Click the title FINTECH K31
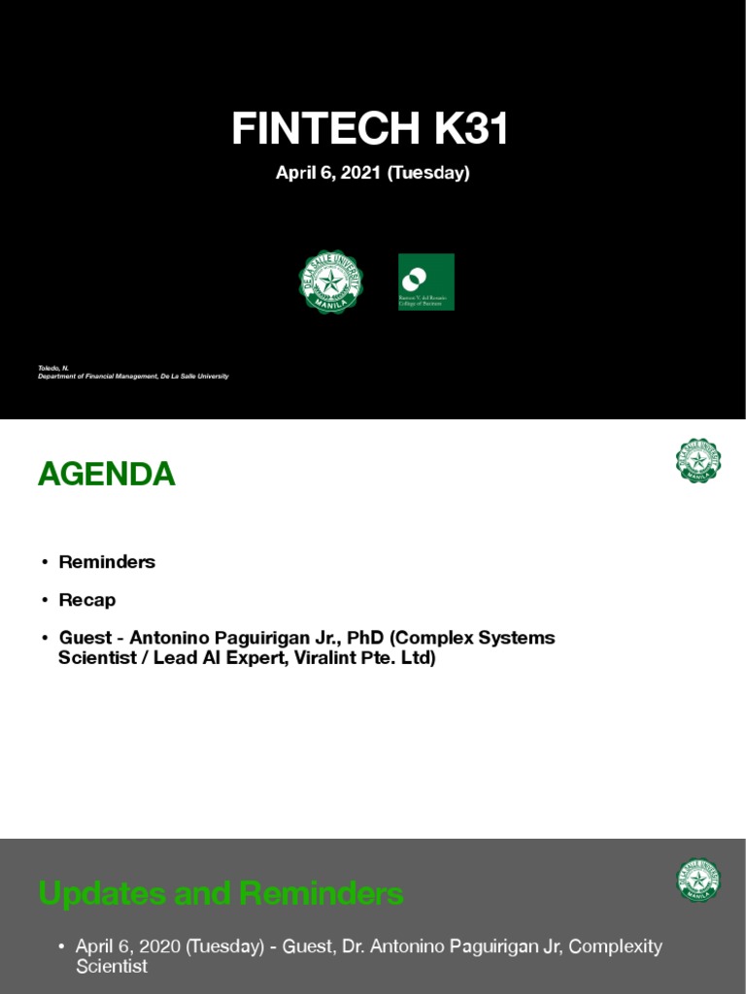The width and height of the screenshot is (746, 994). coord(370,129)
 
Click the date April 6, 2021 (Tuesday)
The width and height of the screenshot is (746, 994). coord(373,173)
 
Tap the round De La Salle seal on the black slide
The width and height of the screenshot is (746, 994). coord(330,282)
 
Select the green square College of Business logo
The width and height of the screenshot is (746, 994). coord(425,282)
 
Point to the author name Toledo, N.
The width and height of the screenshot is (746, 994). coord(53,368)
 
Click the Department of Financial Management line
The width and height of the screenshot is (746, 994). coord(133,377)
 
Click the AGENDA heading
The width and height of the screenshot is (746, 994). coord(107,475)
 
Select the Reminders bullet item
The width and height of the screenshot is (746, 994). coord(107,562)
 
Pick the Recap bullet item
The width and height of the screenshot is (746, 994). coord(87,600)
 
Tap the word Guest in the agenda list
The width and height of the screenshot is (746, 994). coord(85,638)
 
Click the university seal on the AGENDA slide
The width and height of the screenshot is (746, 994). coord(698,461)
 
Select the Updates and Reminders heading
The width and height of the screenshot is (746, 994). coord(221,893)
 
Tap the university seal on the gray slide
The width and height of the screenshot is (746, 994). coord(698,880)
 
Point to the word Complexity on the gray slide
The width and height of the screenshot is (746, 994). coord(617,946)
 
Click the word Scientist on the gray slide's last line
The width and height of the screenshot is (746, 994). coord(112,967)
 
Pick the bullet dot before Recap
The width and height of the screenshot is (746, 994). coord(45,601)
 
